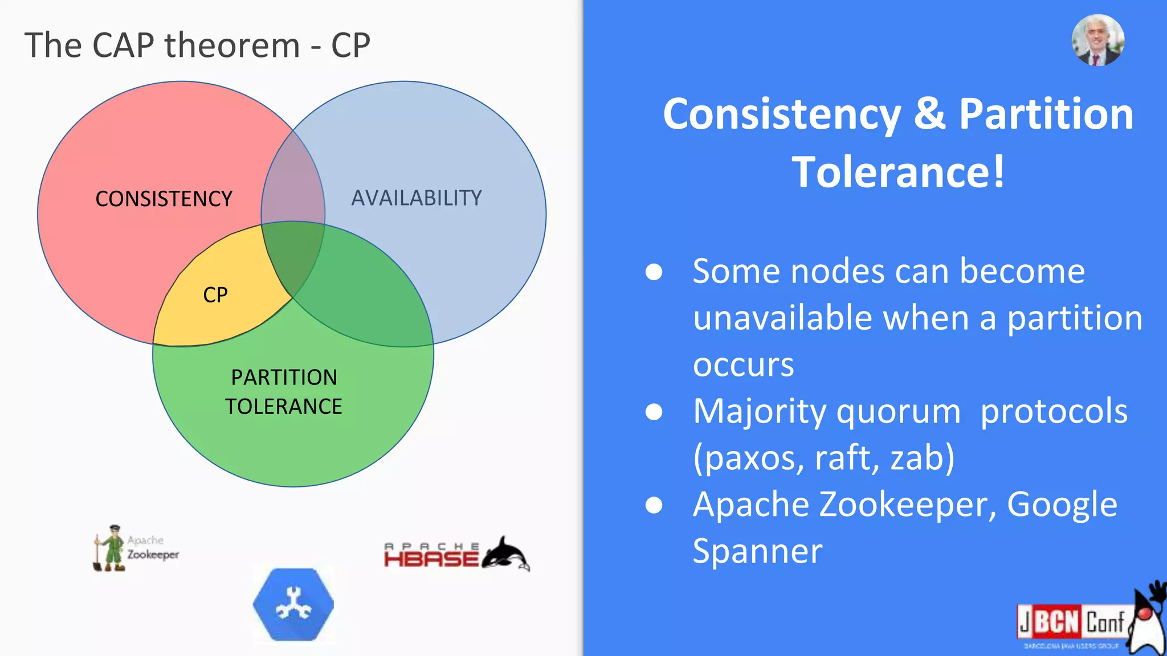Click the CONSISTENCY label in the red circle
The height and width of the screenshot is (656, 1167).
click(164, 199)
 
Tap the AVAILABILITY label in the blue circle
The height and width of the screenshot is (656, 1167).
click(417, 198)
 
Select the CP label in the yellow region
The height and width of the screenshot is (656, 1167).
click(215, 295)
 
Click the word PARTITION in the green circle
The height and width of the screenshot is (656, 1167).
click(284, 377)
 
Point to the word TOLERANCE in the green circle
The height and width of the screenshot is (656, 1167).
click(283, 407)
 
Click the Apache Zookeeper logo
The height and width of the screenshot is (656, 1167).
click(136, 548)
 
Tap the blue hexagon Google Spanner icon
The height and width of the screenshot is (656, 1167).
click(293, 604)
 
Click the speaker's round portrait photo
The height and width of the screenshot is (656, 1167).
click(1097, 40)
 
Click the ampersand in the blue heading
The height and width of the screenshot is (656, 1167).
click(929, 113)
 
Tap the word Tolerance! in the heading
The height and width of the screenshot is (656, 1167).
click(898, 172)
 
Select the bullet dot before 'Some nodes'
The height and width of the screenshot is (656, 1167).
click(654, 272)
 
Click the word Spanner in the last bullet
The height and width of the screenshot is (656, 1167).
click(757, 551)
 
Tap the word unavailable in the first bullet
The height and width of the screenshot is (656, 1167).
click(782, 318)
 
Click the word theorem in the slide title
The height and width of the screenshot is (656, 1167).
click(232, 45)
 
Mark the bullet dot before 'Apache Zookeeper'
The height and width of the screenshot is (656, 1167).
click(654, 505)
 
